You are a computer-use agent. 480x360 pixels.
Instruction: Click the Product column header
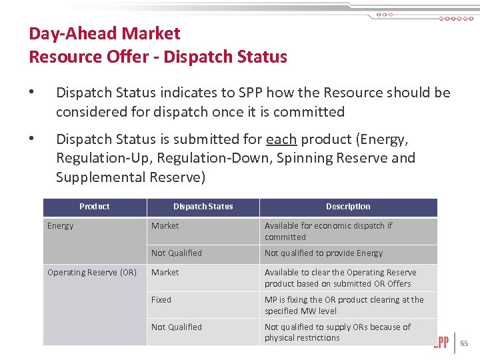[95, 207]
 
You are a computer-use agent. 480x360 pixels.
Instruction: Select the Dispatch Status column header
[203, 207]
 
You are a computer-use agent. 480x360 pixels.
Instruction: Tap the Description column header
[348, 207]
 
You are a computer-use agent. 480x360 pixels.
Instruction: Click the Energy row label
[61, 226]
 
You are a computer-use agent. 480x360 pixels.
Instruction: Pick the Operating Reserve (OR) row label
[92, 273]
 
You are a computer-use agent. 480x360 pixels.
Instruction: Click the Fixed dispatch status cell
[161, 300]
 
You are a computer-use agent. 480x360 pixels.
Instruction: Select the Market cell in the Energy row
[165, 226]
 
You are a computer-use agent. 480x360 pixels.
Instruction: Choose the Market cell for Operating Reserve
[165, 273]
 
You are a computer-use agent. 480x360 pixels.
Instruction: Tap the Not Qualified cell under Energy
[177, 253]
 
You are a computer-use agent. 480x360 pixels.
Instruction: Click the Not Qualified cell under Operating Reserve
[177, 327]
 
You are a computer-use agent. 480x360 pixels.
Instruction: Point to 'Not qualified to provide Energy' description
[324, 253]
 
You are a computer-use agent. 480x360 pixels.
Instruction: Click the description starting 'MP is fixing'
[344, 305]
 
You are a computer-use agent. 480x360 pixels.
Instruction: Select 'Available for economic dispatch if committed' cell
[328, 231]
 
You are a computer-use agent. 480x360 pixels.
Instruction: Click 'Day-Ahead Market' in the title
[105, 33]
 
